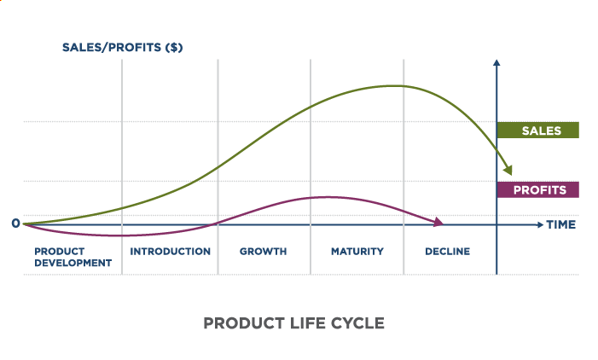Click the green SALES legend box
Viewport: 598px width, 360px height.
point(537,131)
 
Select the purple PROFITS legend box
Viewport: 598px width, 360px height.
point(537,189)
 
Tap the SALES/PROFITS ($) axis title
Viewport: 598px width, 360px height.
point(122,47)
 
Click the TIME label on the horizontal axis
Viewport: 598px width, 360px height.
point(561,225)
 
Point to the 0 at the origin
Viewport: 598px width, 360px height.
point(15,224)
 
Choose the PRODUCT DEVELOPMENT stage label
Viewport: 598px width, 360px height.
point(73,257)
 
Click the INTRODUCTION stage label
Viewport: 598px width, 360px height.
point(170,252)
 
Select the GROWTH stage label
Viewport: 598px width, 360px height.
point(263,252)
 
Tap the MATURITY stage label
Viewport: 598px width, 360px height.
point(357,252)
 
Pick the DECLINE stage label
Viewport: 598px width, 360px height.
point(447,252)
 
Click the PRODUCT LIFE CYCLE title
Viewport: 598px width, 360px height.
point(293,323)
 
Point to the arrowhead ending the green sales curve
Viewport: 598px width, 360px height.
point(508,170)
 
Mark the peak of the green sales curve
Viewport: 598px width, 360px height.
point(392,85)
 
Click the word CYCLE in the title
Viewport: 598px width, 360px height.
point(358,323)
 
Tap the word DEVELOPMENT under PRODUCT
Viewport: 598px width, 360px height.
point(73,263)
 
